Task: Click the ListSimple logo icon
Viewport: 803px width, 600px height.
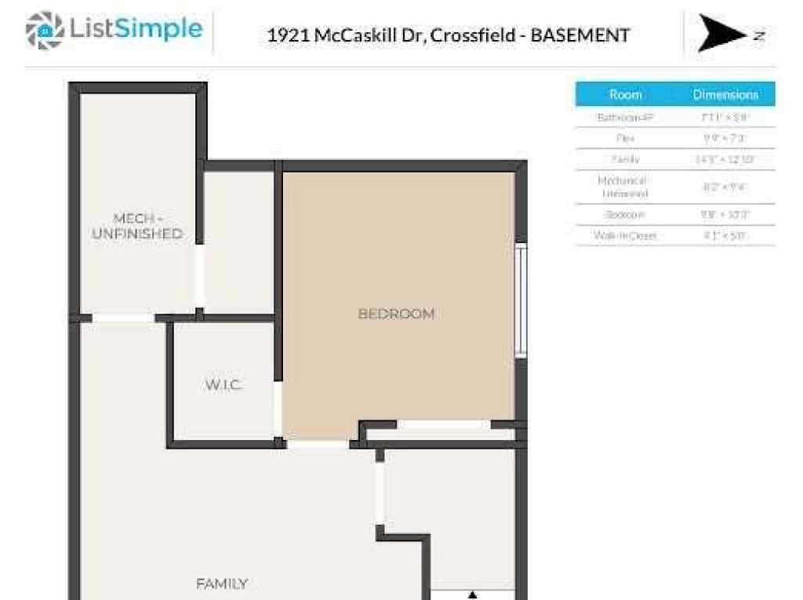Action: [x=44, y=30]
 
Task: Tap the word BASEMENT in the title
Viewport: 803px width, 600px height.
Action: [x=580, y=35]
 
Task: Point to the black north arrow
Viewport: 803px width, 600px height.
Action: [x=720, y=34]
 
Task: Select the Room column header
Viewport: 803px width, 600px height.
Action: [x=625, y=94]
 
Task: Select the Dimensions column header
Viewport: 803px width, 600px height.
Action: [x=725, y=94]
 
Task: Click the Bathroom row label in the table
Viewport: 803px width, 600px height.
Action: [x=625, y=117]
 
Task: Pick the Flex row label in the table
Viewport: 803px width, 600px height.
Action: [x=625, y=138]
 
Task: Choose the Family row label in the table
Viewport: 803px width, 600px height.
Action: [x=625, y=159]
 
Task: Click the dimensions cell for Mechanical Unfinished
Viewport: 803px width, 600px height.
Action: [x=725, y=187]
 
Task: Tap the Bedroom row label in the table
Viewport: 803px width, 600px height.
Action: [x=625, y=214]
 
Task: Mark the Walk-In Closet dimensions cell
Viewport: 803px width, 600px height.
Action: [x=725, y=235]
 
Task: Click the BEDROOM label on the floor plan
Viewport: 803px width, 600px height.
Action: [x=396, y=314]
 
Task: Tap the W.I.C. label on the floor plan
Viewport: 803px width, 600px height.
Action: [x=224, y=385]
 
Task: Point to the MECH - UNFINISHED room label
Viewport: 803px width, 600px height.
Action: [x=137, y=226]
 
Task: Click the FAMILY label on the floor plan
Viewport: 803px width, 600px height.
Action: [x=222, y=584]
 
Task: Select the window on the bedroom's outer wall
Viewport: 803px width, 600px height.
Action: [x=520, y=301]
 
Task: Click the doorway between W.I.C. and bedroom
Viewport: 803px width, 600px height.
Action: [x=278, y=408]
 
